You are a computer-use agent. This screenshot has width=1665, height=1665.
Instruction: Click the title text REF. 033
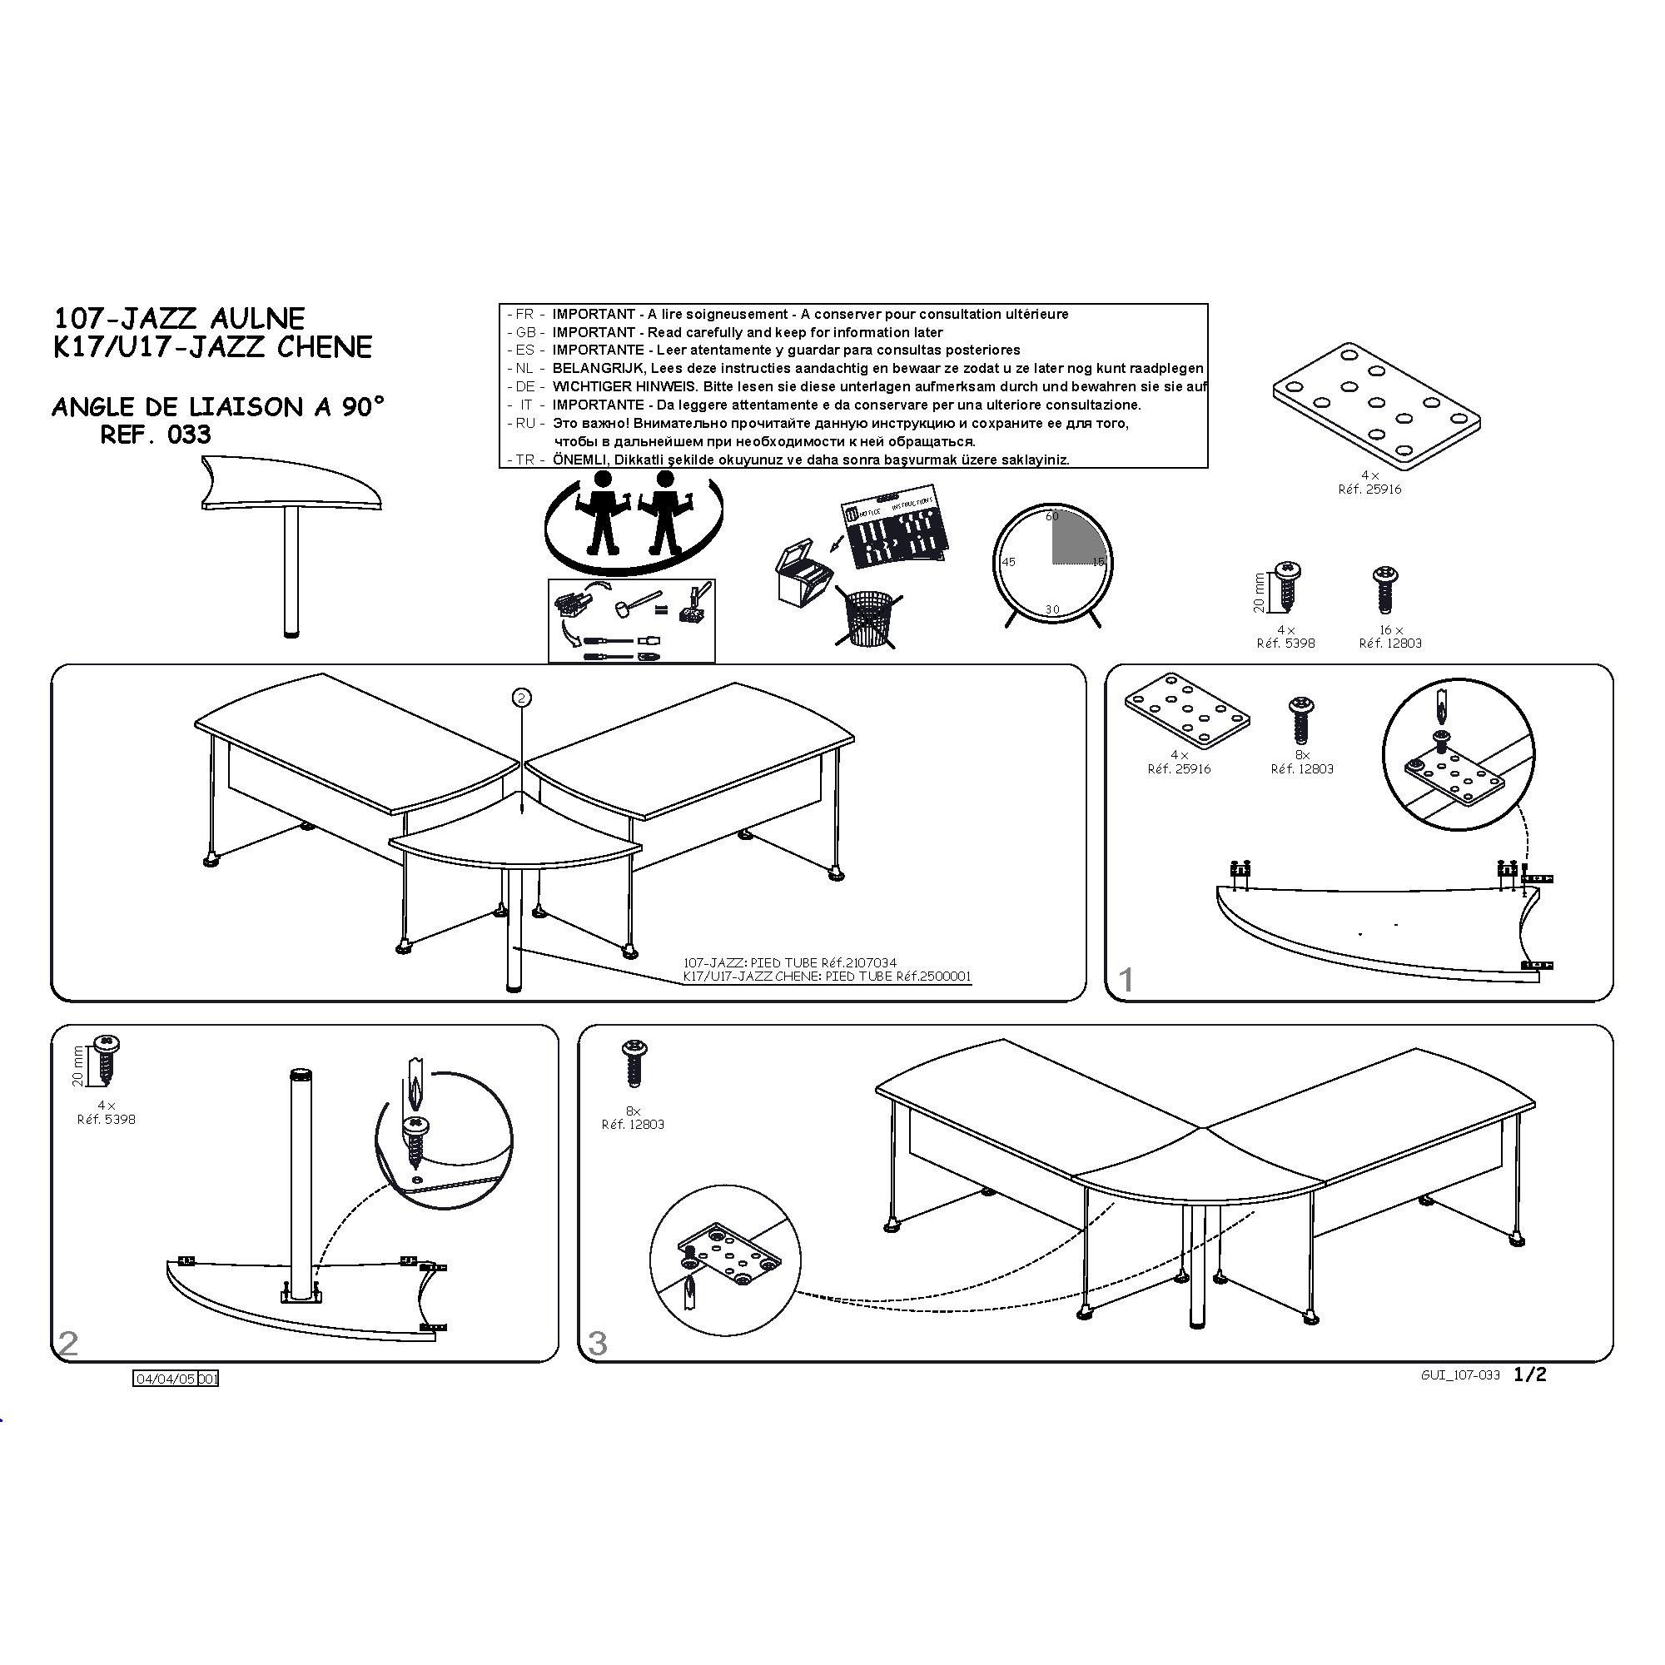click(155, 435)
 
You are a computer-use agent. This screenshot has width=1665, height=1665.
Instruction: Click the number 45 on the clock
click(1008, 562)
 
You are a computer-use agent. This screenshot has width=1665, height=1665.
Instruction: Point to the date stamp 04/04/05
click(166, 1379)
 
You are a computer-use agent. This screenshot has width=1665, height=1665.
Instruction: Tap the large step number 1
click(1125, 979)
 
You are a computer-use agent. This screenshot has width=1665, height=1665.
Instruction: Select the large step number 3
click(597, 1344)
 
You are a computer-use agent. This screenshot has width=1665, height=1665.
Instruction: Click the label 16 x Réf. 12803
click(1390, 637)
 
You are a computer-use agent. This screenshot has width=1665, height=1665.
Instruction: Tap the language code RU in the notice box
click(525, 423)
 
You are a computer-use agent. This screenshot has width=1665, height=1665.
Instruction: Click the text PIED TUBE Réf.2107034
click(824, 962)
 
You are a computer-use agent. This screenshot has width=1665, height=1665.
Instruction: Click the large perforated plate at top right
click(1376, 406)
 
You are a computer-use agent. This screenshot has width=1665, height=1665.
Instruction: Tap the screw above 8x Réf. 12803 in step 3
click(634, 1062)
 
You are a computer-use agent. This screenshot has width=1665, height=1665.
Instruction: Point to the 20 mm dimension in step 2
click(78, 1066)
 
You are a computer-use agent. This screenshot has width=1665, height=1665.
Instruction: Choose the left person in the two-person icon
click(602, 512)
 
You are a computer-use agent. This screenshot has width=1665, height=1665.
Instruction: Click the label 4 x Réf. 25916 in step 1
click(1179, 762)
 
